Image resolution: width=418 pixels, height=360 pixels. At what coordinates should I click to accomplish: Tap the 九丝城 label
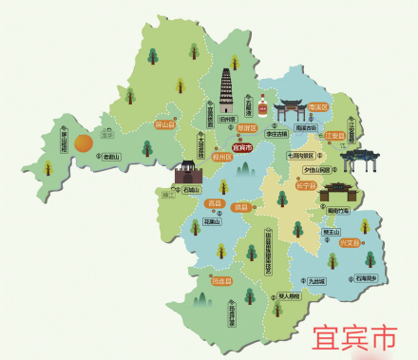pos(315,281)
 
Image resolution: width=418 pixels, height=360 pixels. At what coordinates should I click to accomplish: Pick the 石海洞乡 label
pos(367,278)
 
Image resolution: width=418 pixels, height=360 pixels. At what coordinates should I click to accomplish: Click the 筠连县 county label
pos(220,281)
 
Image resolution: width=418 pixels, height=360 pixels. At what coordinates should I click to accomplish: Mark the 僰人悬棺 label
pos(285,295)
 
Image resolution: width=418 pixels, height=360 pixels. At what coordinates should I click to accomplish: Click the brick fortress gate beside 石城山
pos(187,173)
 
